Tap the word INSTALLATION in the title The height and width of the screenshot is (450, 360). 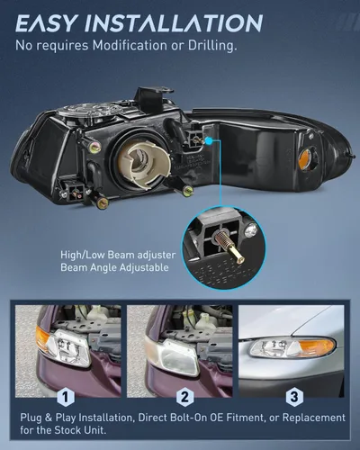pyautogui.click(x=174, y=23)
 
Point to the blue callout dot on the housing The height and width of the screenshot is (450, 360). pyautogui.click(x=210, y=139)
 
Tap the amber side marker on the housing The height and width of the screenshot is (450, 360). pyautogui.click(x=306, y=157)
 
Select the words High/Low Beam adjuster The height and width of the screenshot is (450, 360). pyautogui.click(x=118, y=256)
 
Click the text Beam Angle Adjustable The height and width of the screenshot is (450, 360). pyautogui.click(x=114, y=267)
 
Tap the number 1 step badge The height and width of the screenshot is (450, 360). pyautogui.click(x=65, y=397)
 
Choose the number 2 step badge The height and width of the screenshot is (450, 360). pyautogui.click(x=184, y=397)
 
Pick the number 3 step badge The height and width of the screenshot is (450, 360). pyautogui.click(x=294, y=397)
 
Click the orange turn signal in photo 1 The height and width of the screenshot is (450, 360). pyautogui.click(x=43, y=338)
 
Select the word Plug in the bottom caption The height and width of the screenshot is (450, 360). pyautogui.click(x=31, y=418)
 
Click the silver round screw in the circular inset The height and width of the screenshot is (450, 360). pyautogui.click(x=250, y=230)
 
